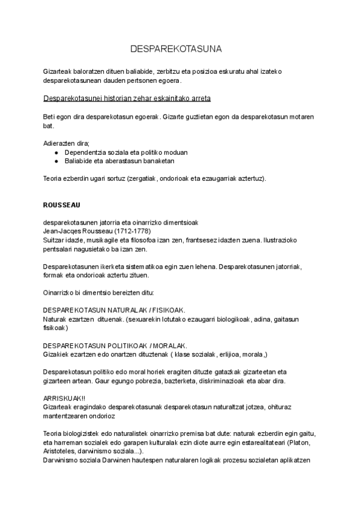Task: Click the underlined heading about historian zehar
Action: (x=127, y=98)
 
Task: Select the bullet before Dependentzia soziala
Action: (x=56, y=152)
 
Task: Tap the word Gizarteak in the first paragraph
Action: (x=58, y=71)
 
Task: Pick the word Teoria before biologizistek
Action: (x=53, y=433)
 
